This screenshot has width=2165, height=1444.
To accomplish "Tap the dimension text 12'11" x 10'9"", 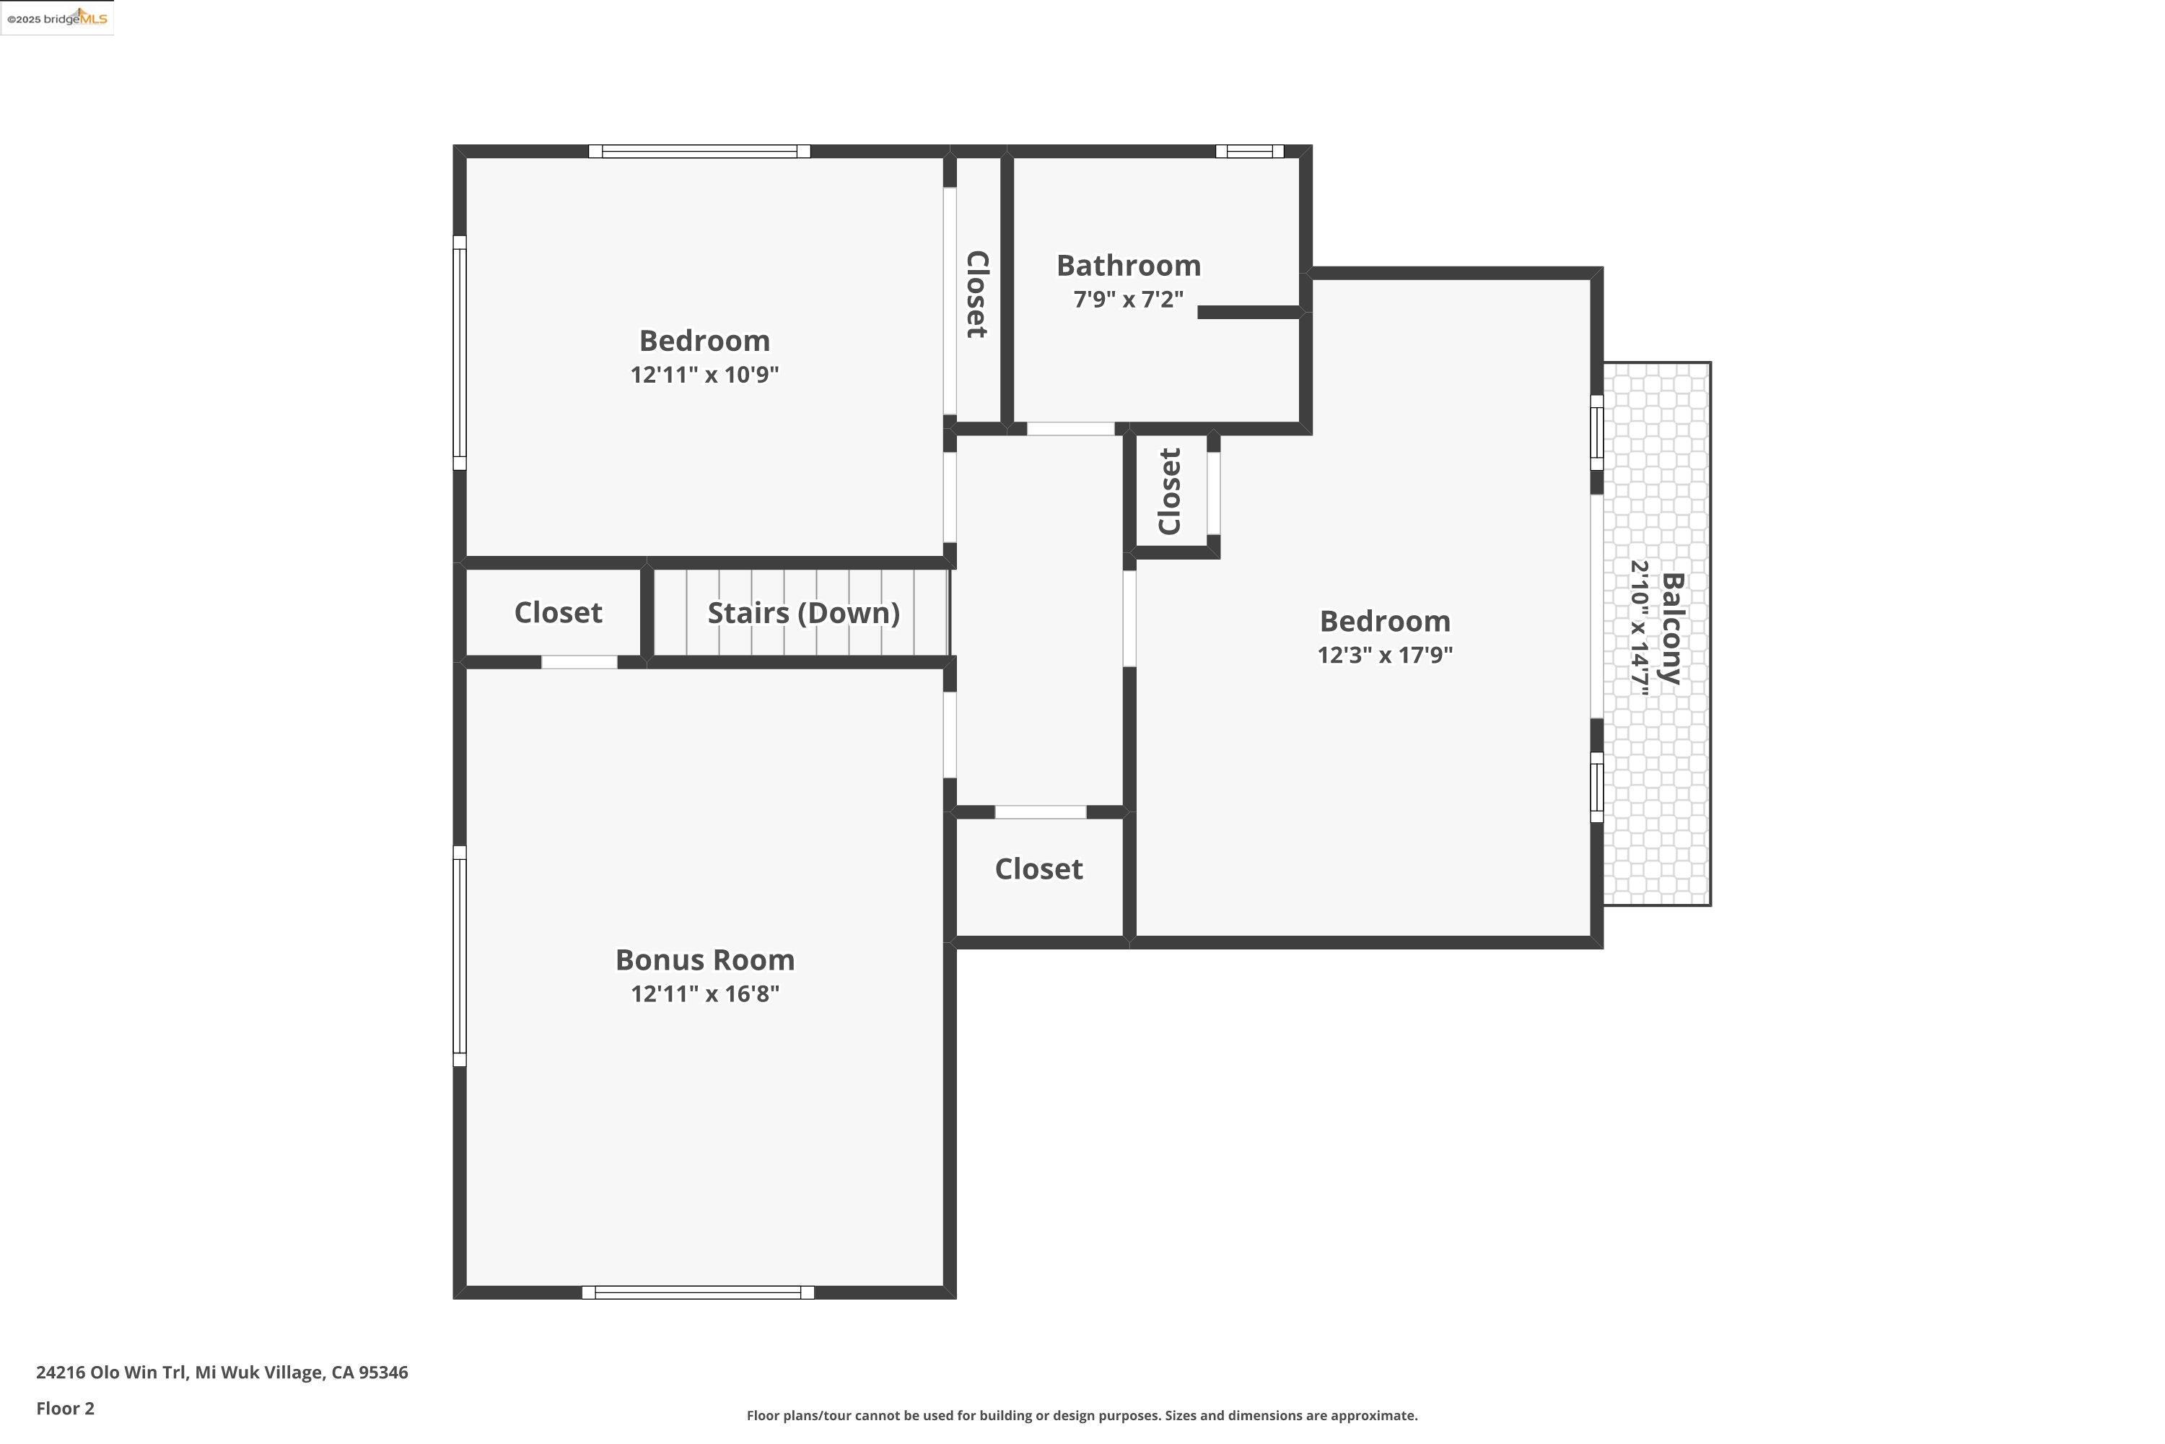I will coord(704,375).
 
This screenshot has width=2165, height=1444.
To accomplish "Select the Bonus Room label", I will coord(704,960).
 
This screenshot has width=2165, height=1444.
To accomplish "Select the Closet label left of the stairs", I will coord(558,612).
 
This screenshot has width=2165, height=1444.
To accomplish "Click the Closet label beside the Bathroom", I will coord(976,295).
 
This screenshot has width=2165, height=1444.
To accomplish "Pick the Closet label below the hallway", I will coord(1038,869).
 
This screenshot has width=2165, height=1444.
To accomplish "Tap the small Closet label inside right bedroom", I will coord(1170,491).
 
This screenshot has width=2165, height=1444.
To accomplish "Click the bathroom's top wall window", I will coord(1249,151).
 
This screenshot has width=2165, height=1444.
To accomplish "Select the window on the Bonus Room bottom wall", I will coord(698,1293).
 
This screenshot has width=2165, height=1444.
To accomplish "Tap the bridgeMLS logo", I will coord(57,17).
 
